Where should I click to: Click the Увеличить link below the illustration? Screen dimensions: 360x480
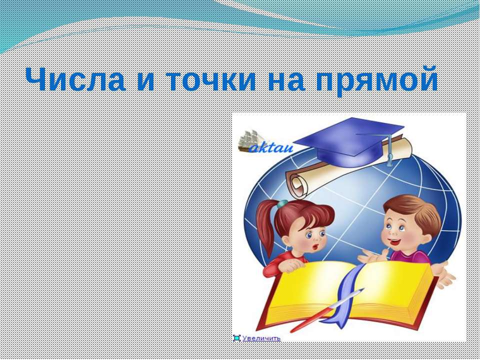(x=261, y=338)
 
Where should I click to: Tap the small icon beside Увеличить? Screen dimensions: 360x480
(x=236, y=338)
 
